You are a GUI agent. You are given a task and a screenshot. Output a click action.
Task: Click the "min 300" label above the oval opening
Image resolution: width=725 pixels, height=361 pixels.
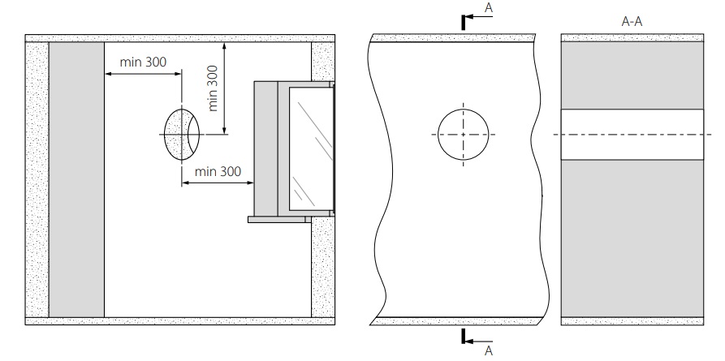click(x=143, y=62)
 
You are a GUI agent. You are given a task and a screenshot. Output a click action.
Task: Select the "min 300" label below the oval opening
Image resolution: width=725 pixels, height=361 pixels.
click(x=218, y=171)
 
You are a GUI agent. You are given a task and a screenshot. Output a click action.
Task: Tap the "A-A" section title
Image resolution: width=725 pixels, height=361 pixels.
click(x=632, y=22)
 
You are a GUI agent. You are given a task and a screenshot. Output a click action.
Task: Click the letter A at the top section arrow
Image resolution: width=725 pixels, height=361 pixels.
click(x=488, y=7)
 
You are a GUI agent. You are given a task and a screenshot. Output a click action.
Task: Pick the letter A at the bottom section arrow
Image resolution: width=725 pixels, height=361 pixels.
click(x=488, y=350)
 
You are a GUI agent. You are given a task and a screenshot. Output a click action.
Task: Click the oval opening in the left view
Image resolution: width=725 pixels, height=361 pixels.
click(x=182, y=135)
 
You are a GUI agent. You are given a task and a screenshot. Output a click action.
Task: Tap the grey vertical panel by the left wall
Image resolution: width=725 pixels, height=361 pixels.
click(x=76, y=180)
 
